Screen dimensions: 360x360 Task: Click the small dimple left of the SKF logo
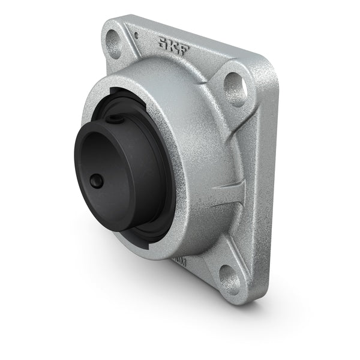137,35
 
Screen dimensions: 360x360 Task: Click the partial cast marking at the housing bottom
179,262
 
